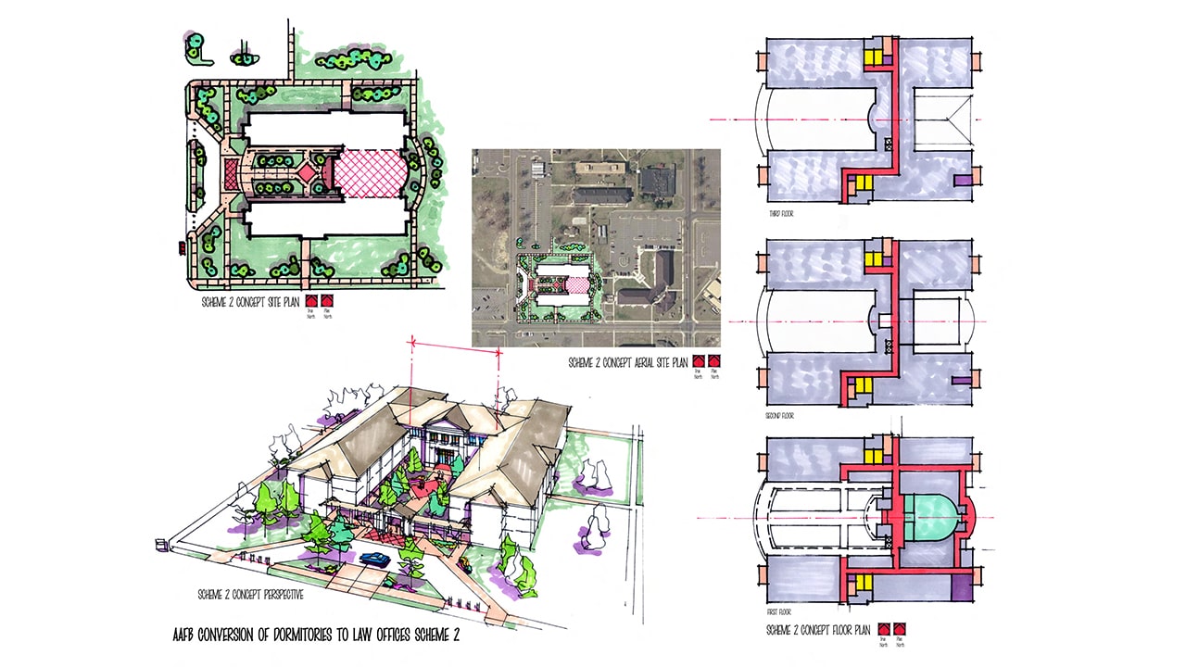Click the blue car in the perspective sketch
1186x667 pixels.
click(x=374, y=559)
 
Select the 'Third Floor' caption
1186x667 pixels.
click(x=780, y=214)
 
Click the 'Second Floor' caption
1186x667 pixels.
click(x=782, y=416)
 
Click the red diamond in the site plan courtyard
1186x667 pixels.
click(x=304, y=171)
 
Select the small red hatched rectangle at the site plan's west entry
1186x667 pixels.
click(x=231, y=171)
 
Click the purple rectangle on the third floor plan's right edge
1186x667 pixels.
click(x=964, y=179)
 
